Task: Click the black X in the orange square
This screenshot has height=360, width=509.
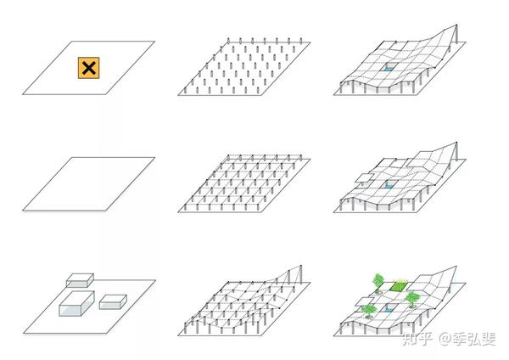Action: (x=88, y=68)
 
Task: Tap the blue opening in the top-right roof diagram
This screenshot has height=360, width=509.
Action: (x=389, y=68)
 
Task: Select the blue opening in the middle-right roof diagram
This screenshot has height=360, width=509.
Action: (x=389, y=184)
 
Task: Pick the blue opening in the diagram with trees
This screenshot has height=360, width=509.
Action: (x=389, y=308)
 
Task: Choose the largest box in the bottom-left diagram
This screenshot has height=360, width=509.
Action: (x=76, y=303)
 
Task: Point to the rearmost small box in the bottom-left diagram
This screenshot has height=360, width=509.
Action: (x=80, y=280)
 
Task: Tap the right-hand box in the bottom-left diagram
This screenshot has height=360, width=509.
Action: (x=113, y=302)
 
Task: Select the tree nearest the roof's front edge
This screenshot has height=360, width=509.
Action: (x=368, y=311)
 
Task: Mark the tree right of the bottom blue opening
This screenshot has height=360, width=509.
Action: (x=412, y=299)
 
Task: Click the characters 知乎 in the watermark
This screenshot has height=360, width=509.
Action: (x=417, y=339)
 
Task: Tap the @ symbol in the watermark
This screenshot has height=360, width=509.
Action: (x=445, y=339)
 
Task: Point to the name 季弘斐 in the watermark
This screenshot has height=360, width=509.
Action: (x=474, y=339)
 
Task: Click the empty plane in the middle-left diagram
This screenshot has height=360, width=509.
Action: (x=88, y=184)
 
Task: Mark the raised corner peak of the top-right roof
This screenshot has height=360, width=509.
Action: (x=456, y=25)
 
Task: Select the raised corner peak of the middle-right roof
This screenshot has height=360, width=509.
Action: (x=456, y=143)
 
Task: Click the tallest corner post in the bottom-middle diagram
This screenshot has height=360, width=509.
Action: (x=301, y=273)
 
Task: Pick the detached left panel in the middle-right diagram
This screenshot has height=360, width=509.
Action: (x=364, y=177)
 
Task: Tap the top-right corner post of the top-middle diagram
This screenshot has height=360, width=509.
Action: (x=301, y=41)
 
